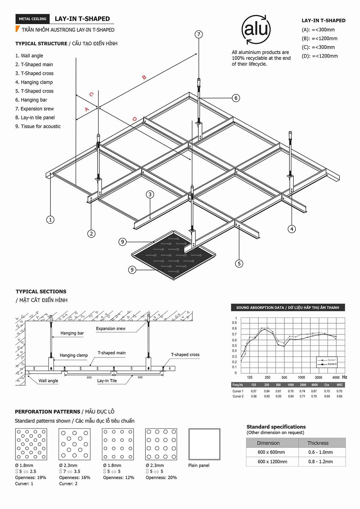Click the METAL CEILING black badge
pyautogui.click(x=32, y=19)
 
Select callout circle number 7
pyautogui.click(x=199, y=35)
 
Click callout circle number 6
pyautogui.click(x=236, y=98)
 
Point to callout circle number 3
pyautogui.click(x=150, y=194)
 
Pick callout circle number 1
pyautogui.click(x=50, y=220)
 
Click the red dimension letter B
pyautogui.click(x=144, y=77)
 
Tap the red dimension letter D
pyautogui.click(x=134, y=119)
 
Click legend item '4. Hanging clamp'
pyautogui.click(x=34, y=82)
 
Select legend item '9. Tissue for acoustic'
pyautogui.click(x=38, y=126)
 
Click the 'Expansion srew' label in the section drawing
pyautogui.click(x=111, y=329)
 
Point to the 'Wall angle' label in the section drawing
pyautogui.click(x=48, y=381)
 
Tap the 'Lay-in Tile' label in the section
pyautogui.click(x=107, y=381)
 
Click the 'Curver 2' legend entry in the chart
pyautogui.click(x=332, y=364)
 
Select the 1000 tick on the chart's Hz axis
pyautogui.click(x=301, y=378)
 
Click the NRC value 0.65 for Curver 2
pyautogui.click(x=339, y=396)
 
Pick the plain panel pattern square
pyautogui.click(x=204, y=444)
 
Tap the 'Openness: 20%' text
pyautogui.click(x=161, y=478)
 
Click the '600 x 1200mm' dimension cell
pyautogui.click(x=272, y=461)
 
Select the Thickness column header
pyautogui.click(x=318, y=443)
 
